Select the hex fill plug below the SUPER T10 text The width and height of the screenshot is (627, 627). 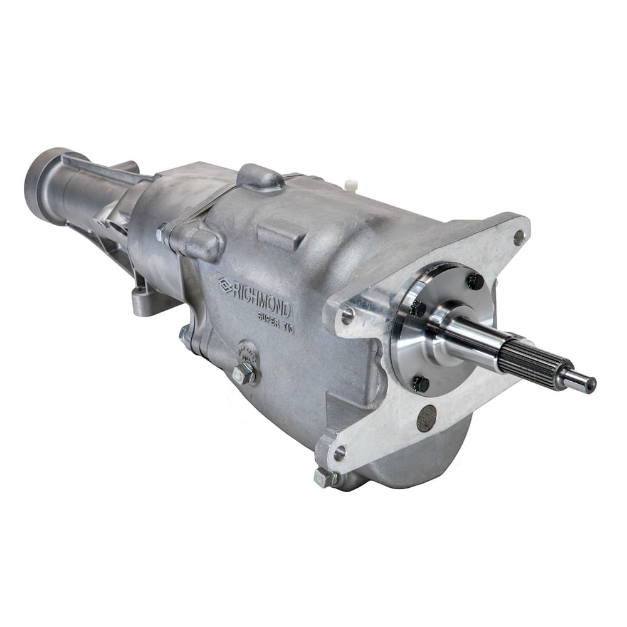click(243, 374)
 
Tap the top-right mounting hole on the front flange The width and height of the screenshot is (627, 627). click(519, 237)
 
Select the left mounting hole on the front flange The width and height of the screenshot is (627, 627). click(347, 317)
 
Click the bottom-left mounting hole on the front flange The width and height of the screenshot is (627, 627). click(339, 453)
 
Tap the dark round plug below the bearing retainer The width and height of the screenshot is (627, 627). click(426, 418)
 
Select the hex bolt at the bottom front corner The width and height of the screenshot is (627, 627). click(325, 477)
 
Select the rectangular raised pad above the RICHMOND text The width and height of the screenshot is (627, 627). click(282, 234)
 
